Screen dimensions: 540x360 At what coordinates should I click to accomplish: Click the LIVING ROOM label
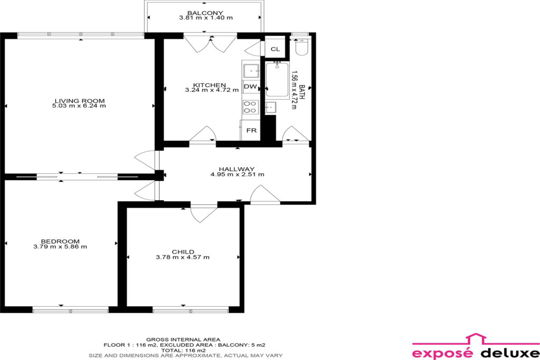point(80,101)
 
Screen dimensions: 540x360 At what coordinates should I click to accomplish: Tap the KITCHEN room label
point(209,85)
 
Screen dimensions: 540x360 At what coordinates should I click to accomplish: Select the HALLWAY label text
point(237,169)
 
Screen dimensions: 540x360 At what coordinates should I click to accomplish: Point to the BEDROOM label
point(60,241)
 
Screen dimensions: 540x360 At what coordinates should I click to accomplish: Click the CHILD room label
point(183,251)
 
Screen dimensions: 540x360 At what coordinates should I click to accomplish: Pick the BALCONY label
point(205,13)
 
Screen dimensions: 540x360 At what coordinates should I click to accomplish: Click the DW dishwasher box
point(250,86)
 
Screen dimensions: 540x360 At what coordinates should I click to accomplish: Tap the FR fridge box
point(250,130)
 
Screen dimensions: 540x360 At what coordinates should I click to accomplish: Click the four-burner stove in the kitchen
point(250,106)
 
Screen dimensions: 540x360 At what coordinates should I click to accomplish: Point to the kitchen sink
point(251,71)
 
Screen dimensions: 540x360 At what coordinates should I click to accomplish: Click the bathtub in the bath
point(277,80)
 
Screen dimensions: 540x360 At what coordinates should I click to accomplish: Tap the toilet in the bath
point(301,46)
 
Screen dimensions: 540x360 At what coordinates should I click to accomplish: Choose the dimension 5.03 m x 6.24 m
point(79,106)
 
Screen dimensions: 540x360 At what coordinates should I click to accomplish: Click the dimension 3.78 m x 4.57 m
point(182,257)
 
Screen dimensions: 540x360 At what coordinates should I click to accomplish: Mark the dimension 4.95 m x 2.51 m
point(237,174)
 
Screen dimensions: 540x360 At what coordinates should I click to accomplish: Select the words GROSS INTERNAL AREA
point(183,339)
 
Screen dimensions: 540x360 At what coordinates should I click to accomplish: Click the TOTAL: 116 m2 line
point(183,351)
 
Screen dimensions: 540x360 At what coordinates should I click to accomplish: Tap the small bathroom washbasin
point(271,108)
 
